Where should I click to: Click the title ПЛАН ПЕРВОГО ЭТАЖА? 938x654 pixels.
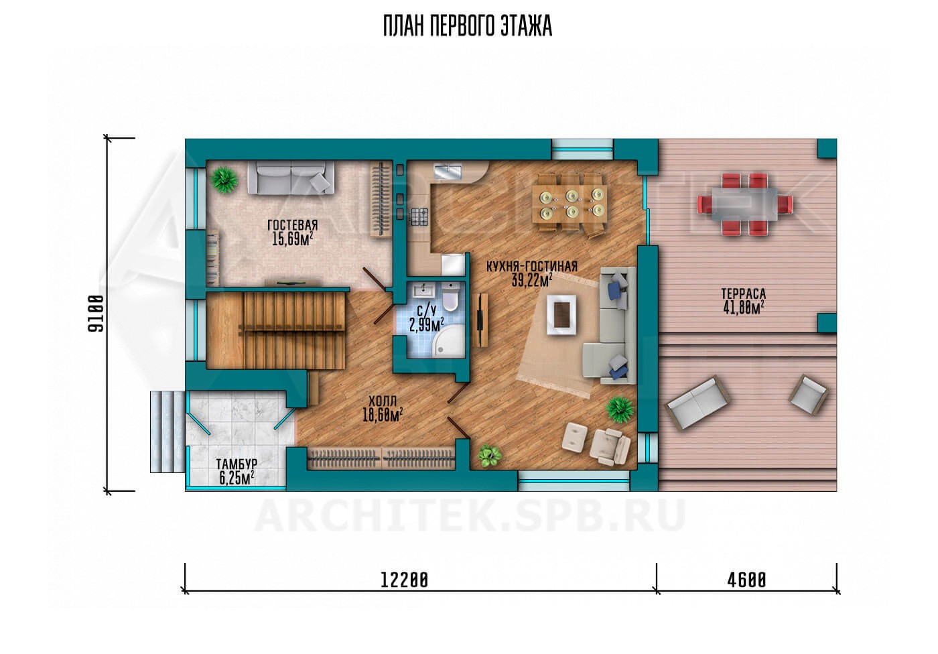click(468, 26)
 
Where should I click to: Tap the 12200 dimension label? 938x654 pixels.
click(404, 580)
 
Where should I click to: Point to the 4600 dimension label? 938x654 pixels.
click(746, 580)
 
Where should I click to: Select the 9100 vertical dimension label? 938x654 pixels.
click(96, 314)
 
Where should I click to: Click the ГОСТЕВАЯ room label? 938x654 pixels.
click(293, 225)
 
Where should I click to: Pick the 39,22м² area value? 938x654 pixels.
click(531, 280)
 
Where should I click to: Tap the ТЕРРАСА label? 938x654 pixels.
click(743, 293)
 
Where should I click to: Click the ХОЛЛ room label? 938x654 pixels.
click(383, 401)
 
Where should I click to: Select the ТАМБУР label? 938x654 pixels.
click(237, 464)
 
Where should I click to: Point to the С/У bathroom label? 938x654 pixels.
click(427, 310)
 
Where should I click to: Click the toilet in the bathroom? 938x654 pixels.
click(450, 297)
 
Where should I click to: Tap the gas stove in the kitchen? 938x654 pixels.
click(418, 216)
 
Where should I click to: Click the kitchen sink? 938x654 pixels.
click(448, 172)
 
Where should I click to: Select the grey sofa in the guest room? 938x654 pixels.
click(291, 178)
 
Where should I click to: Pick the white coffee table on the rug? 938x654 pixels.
click(561, 314)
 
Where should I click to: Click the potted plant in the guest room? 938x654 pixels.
click(225, 180)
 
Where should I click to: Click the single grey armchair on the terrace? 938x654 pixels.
click(809, 395)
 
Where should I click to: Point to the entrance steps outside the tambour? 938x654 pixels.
click(167, 432)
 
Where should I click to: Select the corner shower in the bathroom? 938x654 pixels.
click(448, 342)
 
